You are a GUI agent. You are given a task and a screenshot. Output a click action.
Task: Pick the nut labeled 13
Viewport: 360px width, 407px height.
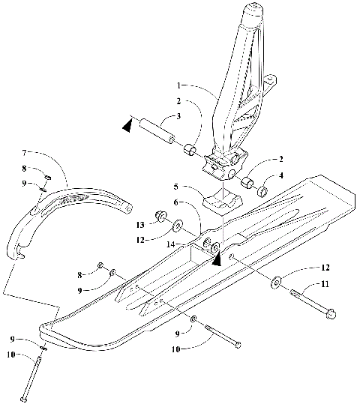(160, 217)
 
